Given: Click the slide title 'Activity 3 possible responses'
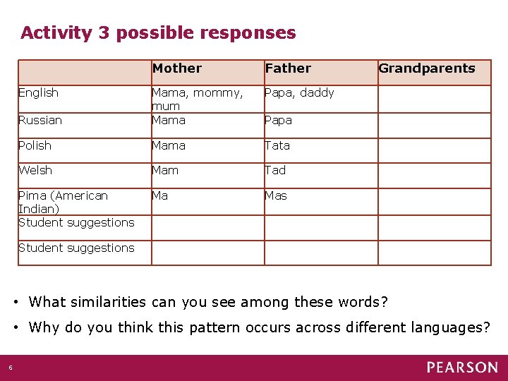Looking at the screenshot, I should (158, 32).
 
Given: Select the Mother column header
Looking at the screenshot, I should (177, 68).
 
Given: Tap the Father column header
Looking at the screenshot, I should (288, 68).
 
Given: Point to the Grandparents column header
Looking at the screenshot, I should (427, 68).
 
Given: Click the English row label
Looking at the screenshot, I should (38, 92).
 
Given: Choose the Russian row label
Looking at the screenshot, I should (40, 120).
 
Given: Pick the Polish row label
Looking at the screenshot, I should (35, 145).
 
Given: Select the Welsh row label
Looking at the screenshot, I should (35, 170).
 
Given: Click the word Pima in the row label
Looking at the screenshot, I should (32, 195).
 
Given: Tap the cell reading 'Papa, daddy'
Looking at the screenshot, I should (299, 92).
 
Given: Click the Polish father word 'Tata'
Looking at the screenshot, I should (277, 145).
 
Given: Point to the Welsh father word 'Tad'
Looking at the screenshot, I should (275, 170).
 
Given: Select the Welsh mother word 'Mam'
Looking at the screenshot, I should (164, 170).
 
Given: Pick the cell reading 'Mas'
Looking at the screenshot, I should (276, 195).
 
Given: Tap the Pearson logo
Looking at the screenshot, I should (461, 367).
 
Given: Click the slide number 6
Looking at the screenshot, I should (11, 367).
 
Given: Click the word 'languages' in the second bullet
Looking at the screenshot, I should (442, 327).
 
